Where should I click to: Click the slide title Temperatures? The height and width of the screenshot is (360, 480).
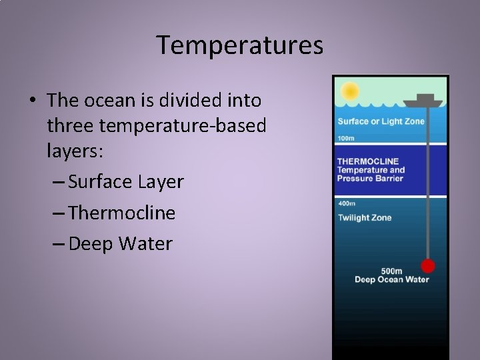pyautogui.click(x=240, y=45)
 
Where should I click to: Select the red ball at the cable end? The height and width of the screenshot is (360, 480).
pyautogui.click(x=427, y=266)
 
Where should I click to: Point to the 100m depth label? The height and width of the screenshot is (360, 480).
pyautogui.click(x=346, y=138)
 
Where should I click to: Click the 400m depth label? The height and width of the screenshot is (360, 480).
pyautogui.click(x=346, y=203)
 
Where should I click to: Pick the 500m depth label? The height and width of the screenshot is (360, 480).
pyautogui.click(x=391, y=271)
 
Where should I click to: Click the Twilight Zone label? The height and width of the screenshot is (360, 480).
pyautogui.click(x=364, y=217)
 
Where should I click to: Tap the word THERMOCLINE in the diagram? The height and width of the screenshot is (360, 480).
pyautogui.click(x=368, y=161)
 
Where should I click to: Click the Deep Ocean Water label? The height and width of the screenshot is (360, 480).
pyautogui.click(x=391, y=279)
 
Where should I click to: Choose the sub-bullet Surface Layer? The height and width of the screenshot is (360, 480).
pyautogui.click(x=125, y=181)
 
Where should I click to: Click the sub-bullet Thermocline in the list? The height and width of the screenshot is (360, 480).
pyautogui.click(x=121, y=213)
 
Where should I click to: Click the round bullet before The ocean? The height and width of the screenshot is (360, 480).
pyautogui.click(x=33, y=101)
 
